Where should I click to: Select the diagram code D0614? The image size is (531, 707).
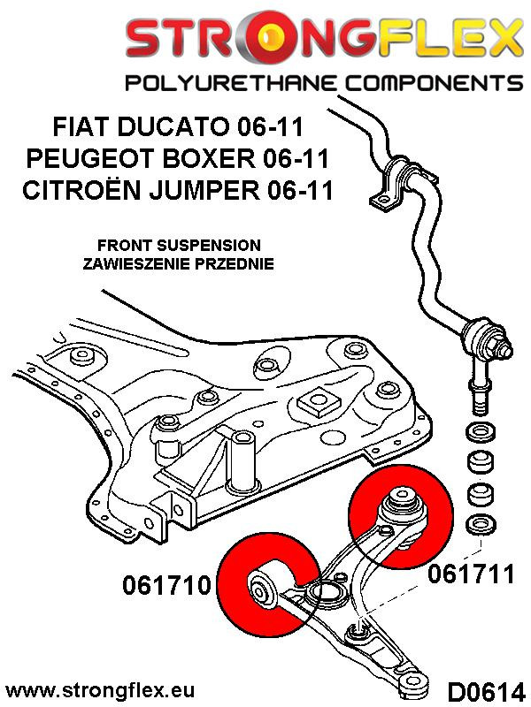coord(485,688)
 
